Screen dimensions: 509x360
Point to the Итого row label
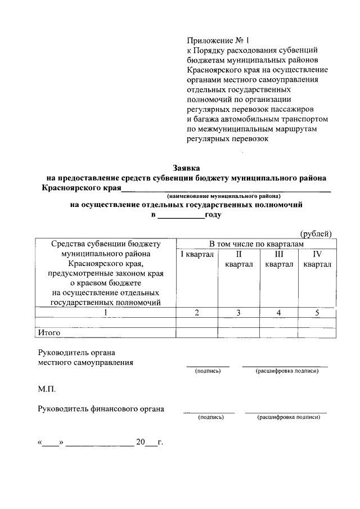pyautogui.click(x=49, y=332)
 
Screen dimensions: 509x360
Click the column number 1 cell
pyautogui.click(x=105, y=313)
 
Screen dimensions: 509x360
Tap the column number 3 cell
pyautogui.click(x=238, y=313)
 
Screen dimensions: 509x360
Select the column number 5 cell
pyautogui.click(x=317, y=313)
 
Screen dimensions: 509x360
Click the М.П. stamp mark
pyautogui.click(x=47, y=389)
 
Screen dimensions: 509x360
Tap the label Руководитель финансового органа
pyautogui.click(x=101, y=409)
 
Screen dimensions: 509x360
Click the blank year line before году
pyautogui.click(x=181, y=215)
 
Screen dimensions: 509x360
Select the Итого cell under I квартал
pyautogui.click(x=197, y=332)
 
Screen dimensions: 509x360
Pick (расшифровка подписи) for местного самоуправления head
pyautogui.click(x=286, y=372)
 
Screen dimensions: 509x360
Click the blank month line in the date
pyautogui.click(x=100, y=442)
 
